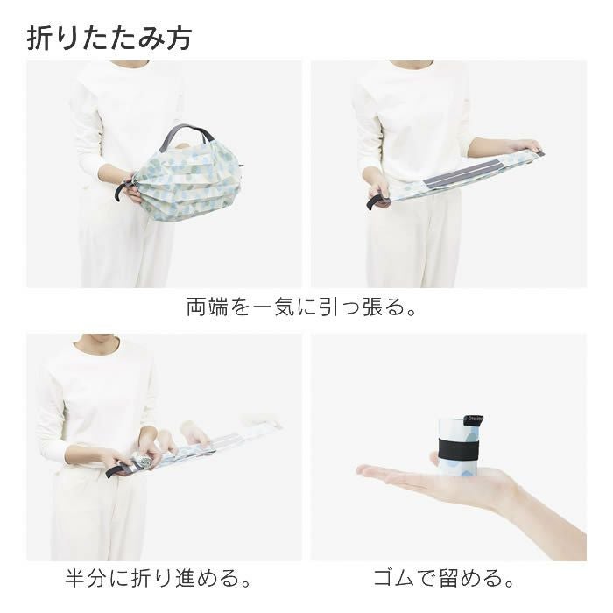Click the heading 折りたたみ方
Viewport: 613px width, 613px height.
click(109, 38)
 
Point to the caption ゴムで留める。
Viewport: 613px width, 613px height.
click(443, 579)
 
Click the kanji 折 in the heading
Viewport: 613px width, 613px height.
click(41, 38)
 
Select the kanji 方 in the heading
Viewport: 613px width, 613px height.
click(178, 38)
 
